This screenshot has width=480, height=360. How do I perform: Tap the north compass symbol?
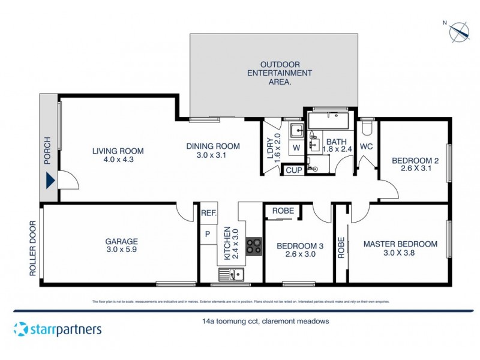(460, 30)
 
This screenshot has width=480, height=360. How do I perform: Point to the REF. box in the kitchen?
(208, 213)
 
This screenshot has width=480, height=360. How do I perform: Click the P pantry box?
(208, 234)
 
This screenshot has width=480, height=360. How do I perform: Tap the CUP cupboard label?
(293, 170)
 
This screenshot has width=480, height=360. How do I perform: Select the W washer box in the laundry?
(296, 148)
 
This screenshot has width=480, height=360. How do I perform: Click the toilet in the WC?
(367, 129)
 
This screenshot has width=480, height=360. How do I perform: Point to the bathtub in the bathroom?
(331, 123)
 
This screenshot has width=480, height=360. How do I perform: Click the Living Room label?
(118, 155)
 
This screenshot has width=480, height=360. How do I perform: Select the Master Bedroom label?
(400, 248)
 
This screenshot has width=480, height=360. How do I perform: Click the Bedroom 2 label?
(412, 164)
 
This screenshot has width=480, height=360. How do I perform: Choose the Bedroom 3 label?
(300, 250)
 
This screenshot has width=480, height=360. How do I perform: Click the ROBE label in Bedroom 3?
(283, 211)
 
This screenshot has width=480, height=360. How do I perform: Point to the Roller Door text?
(33, 249)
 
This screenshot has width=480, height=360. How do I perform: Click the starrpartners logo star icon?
(21, 329)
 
